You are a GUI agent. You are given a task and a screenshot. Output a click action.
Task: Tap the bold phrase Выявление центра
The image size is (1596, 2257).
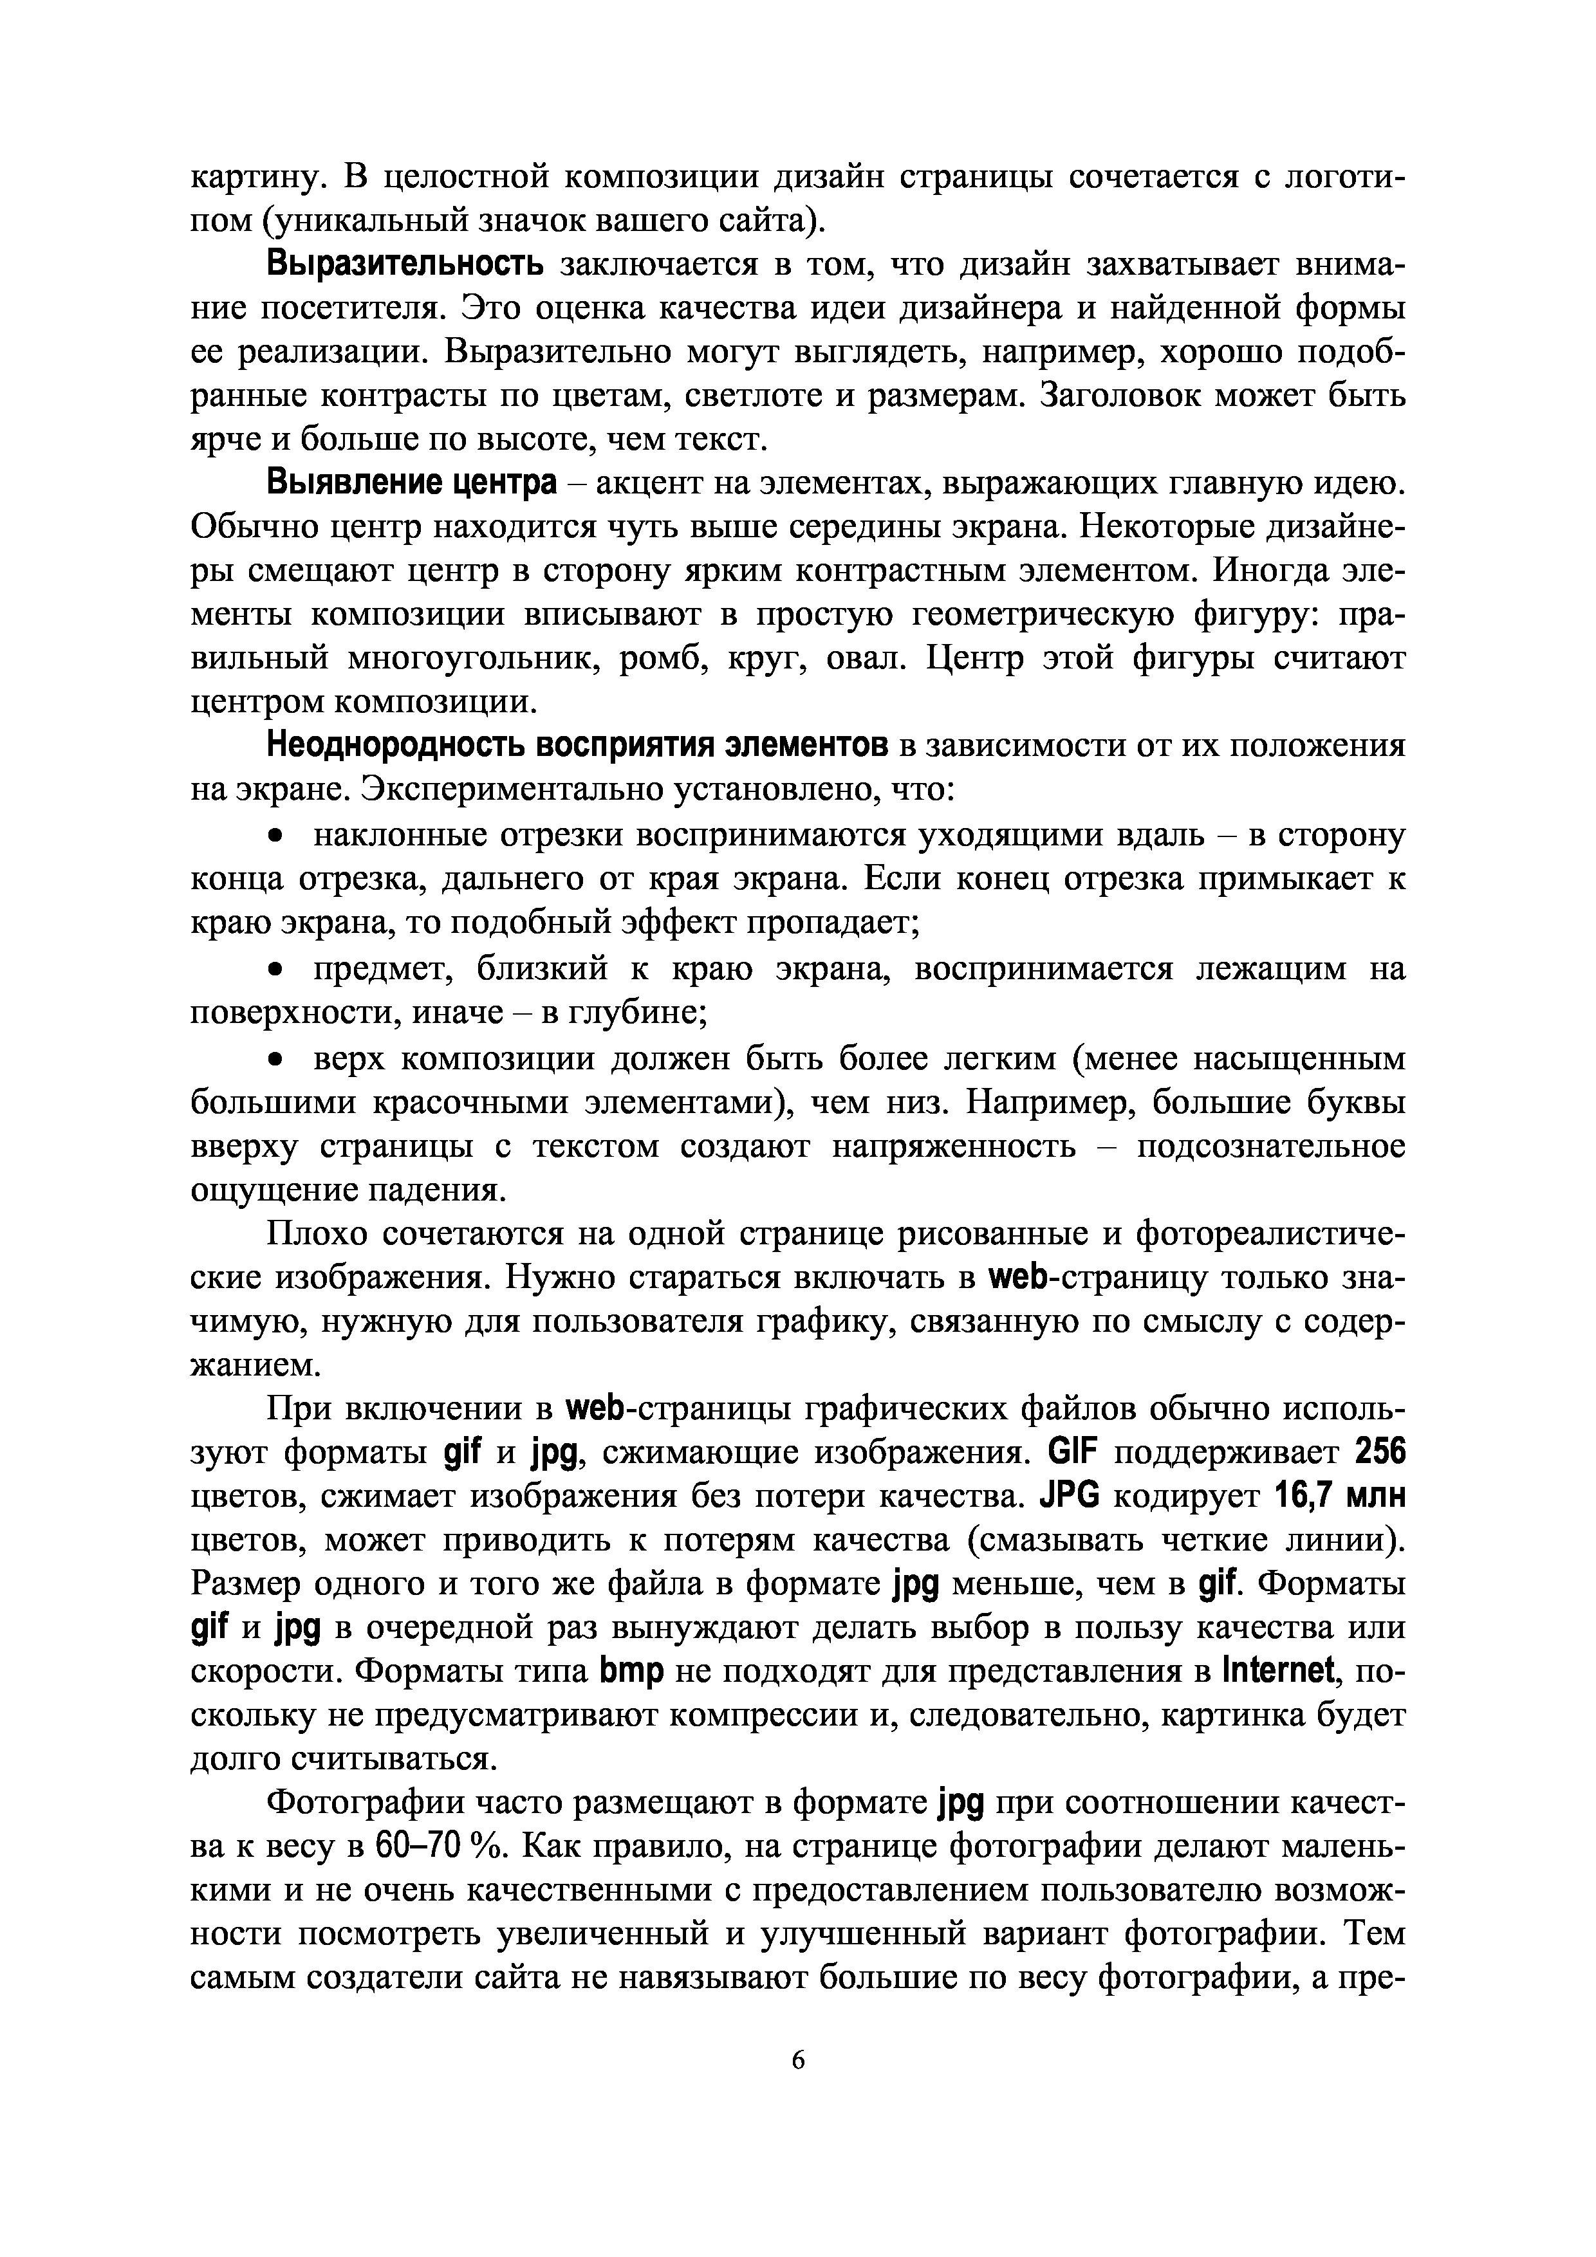[412, 484]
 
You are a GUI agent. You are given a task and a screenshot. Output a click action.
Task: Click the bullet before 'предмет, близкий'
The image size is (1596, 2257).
[278, 970]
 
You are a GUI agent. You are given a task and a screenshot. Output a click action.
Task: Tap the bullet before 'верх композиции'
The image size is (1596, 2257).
[278, 1061]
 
